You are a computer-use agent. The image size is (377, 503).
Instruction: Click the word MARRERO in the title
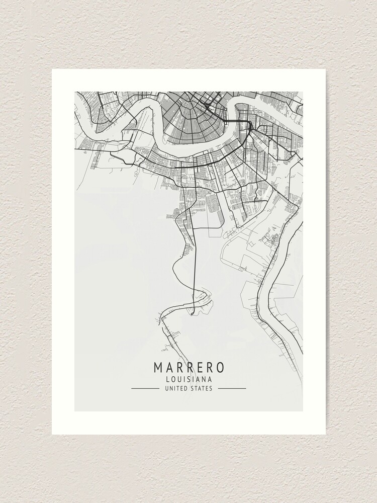click(x=189, y=367)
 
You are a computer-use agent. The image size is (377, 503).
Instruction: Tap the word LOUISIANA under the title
click(x=189, y=379)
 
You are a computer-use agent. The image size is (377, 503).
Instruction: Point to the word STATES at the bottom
click(x=202, y=388)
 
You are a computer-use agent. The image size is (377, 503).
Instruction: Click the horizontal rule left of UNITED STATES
click(x=145, y=388)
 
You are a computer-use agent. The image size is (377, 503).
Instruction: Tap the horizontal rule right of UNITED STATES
click(x=232, y=388)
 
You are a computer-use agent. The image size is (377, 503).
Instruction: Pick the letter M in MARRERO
click(x=159, y=367)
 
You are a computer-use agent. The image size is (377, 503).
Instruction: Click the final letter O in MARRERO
click(x=220, y=367)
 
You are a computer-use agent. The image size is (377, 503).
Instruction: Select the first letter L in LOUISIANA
click(x=168, y=379)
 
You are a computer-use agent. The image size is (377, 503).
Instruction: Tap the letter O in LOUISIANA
click(x=174, y=379)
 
